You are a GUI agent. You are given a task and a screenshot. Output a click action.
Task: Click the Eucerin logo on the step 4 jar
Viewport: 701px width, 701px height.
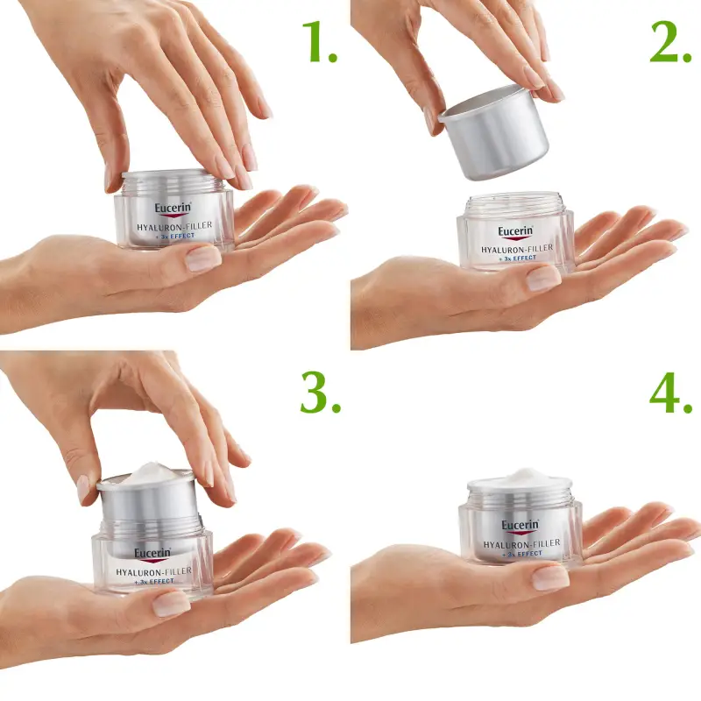pyautogui.click(x=520, y=527)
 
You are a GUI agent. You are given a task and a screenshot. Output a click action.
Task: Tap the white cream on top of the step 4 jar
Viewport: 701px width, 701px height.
pyautogui.click(x=521, y=478)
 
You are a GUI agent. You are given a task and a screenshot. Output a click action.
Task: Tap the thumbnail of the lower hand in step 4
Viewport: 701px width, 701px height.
pyautogui.click(x=550, y=577)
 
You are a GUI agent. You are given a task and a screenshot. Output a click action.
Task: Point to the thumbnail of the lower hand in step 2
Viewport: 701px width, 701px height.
pyautogui.click(x=543, y=278)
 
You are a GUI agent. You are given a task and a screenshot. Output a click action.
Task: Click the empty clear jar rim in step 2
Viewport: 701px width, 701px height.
pyautogui.click(x=515, y=201)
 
